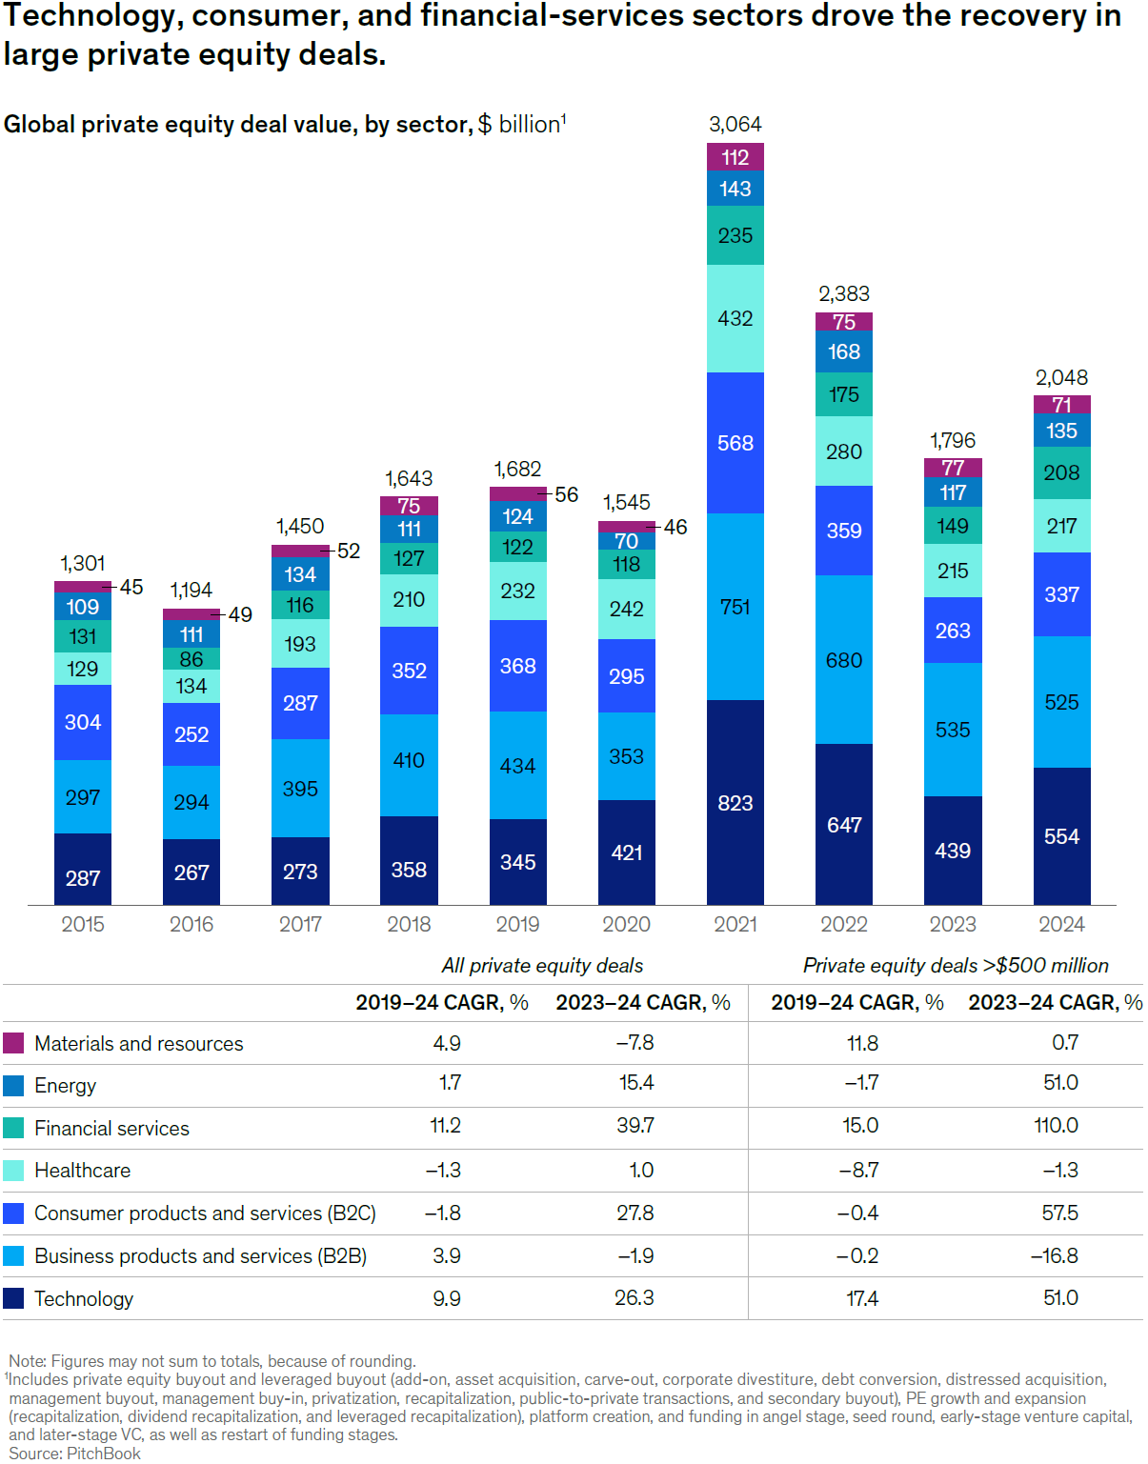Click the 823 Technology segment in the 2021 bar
tap(735, 803)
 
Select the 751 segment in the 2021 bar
tap(735, 607)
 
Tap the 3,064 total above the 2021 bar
tap(735, 124)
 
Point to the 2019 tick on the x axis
tap(517, 924)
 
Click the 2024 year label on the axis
tap(1061, 924)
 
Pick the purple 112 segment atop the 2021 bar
tap(735, 157)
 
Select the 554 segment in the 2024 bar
tap(1061, 836)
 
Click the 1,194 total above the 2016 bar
tap(191, 590)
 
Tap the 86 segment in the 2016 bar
tap(191, 659)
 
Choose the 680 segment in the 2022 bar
tap(843, 660)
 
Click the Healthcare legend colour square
tap(13, 1171)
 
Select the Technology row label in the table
tap(84, 1298)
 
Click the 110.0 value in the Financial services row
tap(1056, 1126)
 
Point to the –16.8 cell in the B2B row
tap(1054, 1255)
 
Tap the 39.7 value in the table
tap(634, 1126)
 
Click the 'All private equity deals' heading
tap(542, 966)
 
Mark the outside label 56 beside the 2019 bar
tap(567, 494)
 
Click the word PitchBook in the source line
tap(104, 1454)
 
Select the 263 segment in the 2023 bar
tap(952, 631)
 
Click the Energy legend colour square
tap(13, 1086)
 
